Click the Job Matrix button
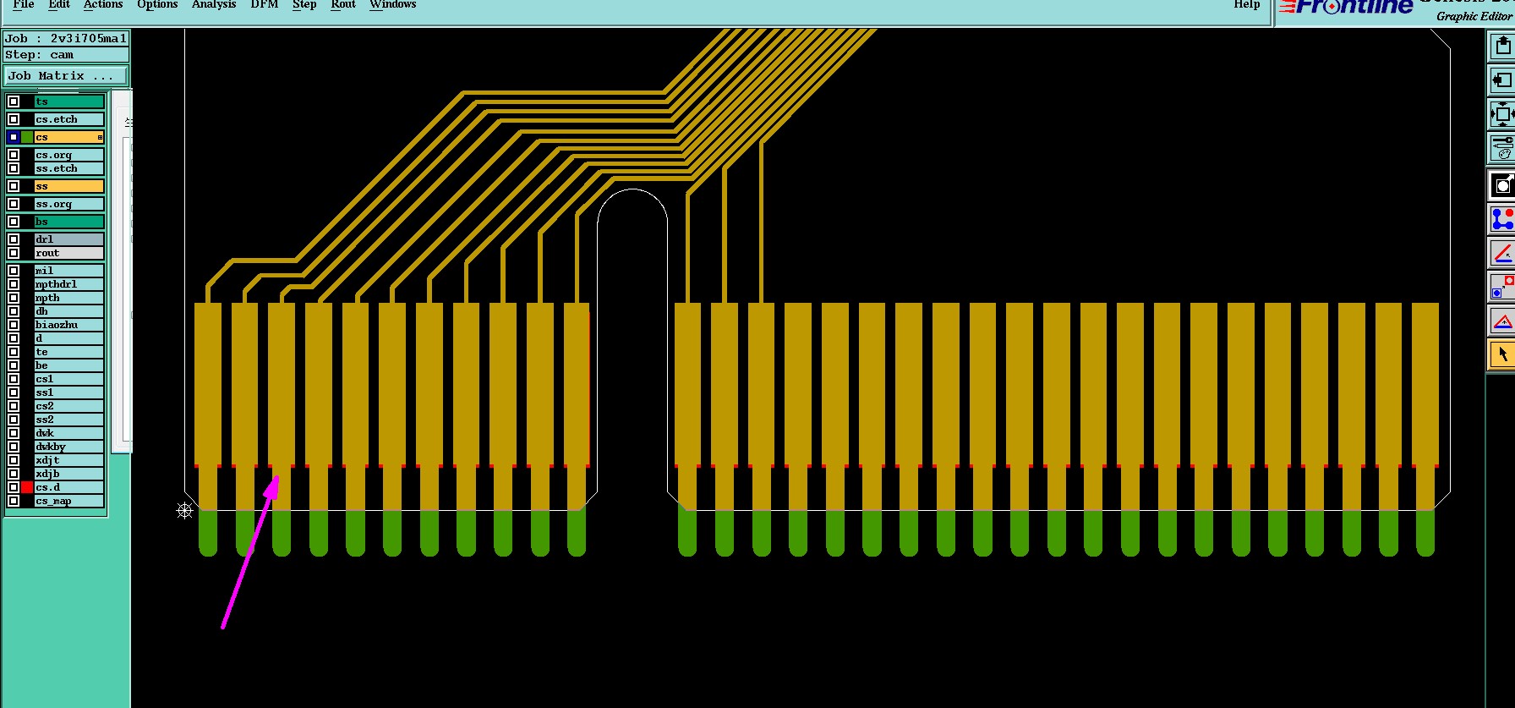(x=65, y=76)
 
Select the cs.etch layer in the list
(x=68, y=119)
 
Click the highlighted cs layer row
(x=68, y=137)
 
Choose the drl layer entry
(x=68, y=239)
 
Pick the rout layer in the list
(x=68, y=253)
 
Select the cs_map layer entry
(x=68, y=501)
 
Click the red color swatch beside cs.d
(x=27, y=487)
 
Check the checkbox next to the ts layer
(x=14, y=102)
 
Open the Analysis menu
(x=213, y=5)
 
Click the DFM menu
(x=264, y=5)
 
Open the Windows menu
(x=392, y=5)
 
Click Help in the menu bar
(x=1246, y=5)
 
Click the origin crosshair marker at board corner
(x=184, y=510)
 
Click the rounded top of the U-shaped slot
(x=632, y=191)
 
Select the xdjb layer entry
(x=68, y=474)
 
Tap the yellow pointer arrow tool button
(x=1501, y=354)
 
